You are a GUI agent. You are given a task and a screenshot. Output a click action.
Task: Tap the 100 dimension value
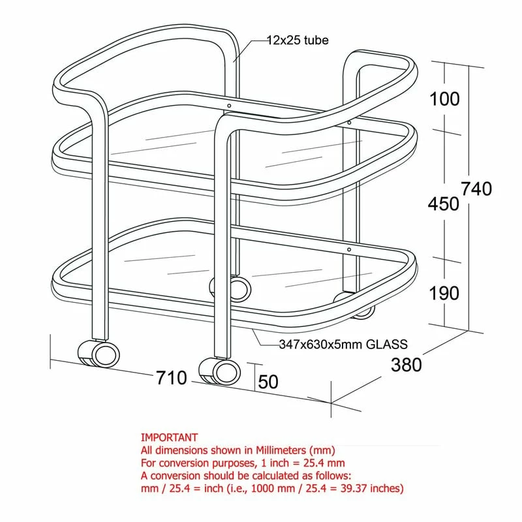pos(444,99)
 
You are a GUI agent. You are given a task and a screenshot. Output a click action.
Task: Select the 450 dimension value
pos(444,204)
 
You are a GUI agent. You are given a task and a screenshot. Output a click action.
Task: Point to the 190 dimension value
pos(444,293)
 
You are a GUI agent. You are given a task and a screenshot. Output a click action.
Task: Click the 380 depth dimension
pos(406,365)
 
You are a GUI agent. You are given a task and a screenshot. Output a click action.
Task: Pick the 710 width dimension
pos(172,378)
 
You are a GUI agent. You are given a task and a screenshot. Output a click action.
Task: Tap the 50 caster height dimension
pos(268,382)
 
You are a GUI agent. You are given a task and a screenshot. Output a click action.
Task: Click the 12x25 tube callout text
pos(298,40)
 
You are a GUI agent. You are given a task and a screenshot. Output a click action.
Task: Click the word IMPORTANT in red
pos(169,437)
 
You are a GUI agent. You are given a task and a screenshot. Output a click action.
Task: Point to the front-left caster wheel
pos(100,354)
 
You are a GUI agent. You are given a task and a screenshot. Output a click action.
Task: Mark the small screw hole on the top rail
pos(229,104)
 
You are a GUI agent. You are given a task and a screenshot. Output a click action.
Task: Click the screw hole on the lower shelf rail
pos(349,249)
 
